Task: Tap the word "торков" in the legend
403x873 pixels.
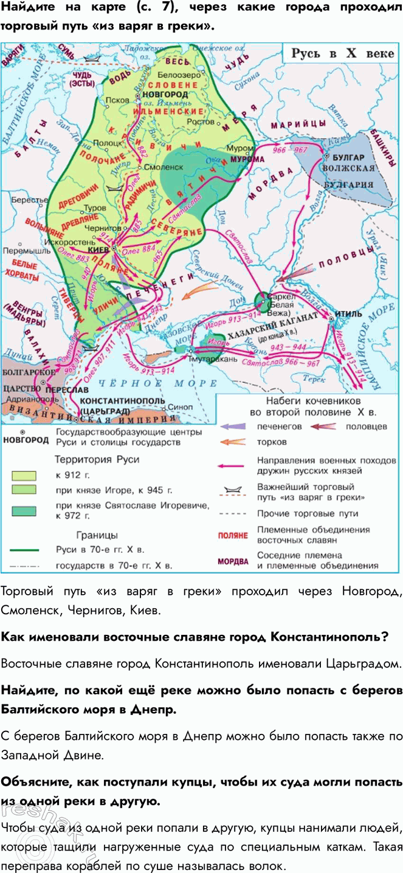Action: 272,442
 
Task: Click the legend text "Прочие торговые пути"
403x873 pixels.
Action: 308,513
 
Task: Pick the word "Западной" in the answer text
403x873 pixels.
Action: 27,755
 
